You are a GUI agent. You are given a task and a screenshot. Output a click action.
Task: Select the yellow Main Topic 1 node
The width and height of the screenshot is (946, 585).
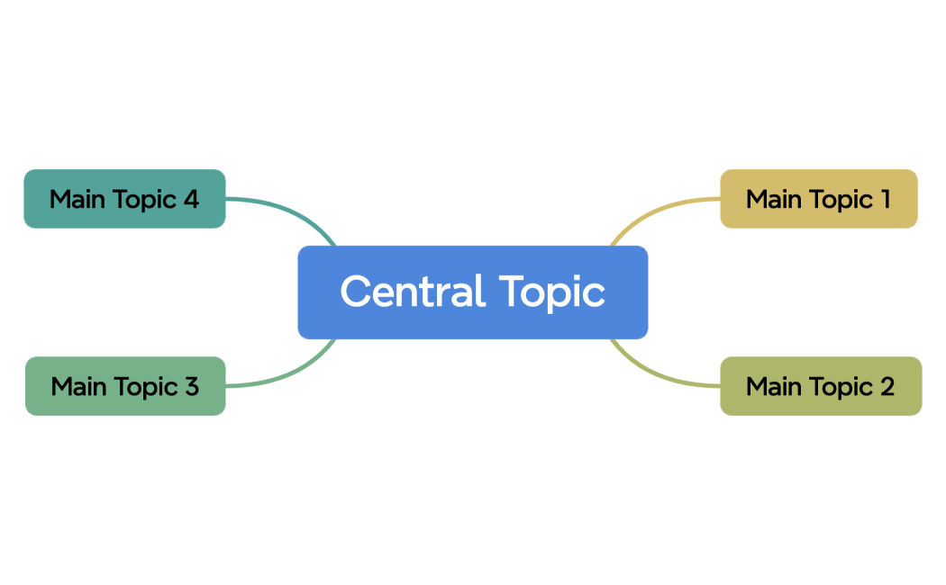[x=818, y=199]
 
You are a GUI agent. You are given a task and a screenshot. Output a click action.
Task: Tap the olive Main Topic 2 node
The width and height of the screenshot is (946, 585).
[x=820, y=386]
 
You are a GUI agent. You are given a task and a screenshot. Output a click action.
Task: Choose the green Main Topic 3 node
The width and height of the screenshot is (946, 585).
[x=124, y=386]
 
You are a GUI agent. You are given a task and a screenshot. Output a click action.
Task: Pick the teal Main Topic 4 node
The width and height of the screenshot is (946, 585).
[x=124, y=199]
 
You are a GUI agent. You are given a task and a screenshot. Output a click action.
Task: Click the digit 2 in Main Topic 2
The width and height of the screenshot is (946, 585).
[x=887, y=386]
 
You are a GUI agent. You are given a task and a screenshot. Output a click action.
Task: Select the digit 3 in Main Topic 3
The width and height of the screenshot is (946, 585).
[x=191, y=386]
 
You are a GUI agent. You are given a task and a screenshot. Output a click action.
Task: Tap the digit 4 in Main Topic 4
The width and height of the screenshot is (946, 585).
[x=190, y=199]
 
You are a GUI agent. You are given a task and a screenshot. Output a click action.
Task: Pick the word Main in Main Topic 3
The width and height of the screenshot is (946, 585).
[x=78, y=386]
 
